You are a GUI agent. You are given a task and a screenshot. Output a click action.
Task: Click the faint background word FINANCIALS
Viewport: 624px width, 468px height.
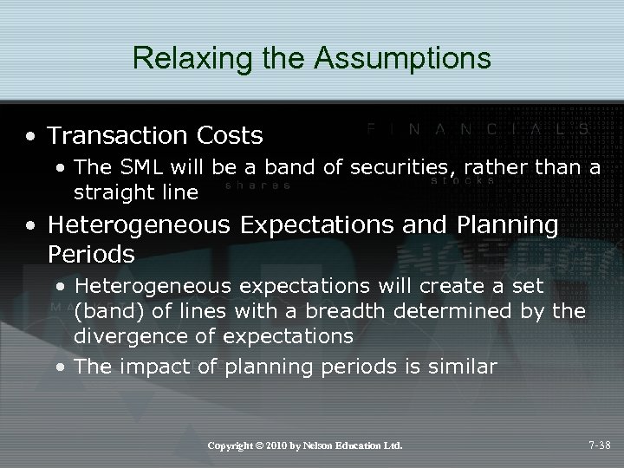click(478, 128)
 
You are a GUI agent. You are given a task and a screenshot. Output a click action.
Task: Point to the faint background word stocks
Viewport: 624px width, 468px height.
click(462, 182)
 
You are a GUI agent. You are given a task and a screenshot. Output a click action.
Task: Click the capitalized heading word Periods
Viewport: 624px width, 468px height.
click(92, 254)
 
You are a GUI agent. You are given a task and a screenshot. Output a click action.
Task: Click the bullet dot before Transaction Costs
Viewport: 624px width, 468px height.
click(31, 137)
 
